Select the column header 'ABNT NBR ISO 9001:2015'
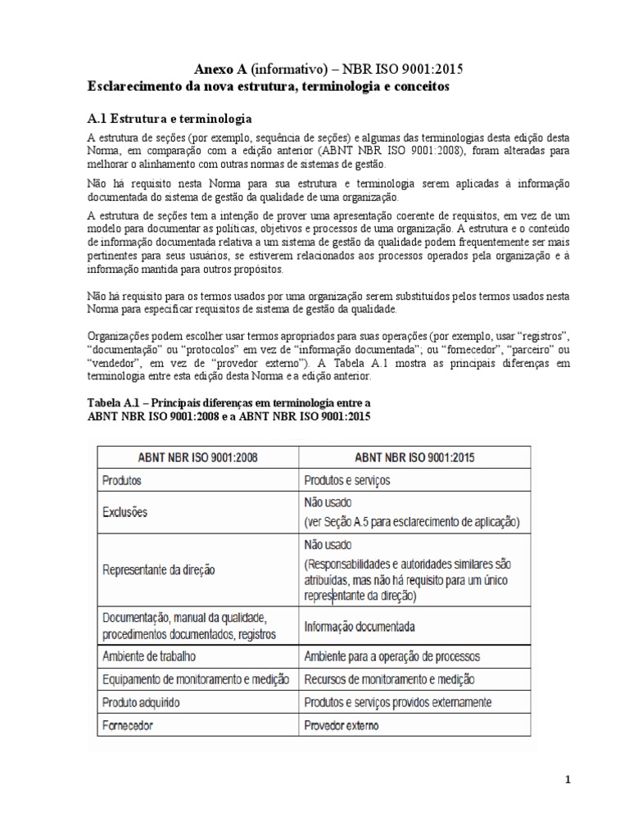click(x=415, y=457)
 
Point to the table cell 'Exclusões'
click(x=125, y=511)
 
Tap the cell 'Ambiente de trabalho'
click(x=150, y=656)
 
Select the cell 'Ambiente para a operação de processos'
click(x=391, y=656)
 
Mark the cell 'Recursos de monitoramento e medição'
click(x=388, y=679)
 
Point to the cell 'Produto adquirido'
click(x=142, y=702)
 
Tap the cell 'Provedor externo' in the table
click(x=342, y=725)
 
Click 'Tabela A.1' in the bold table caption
click(x=115, y=402)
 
